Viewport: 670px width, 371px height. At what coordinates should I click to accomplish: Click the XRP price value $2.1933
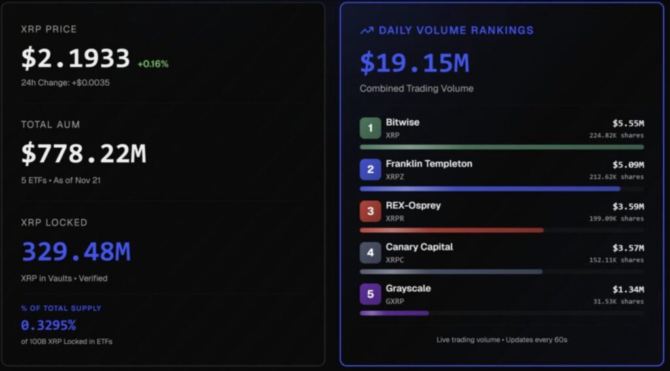coord(75,59)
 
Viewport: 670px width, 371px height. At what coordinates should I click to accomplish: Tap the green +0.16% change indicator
coord(152,64)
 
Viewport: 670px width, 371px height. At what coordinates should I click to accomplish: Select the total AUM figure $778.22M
coord(83,154)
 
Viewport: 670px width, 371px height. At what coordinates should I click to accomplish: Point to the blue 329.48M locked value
coord(76,251)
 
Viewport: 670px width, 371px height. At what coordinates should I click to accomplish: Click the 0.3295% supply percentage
coord(48,325)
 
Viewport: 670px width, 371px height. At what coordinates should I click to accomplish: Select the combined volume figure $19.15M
coord(414,63)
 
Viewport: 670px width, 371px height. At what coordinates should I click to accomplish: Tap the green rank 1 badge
coord(370,128)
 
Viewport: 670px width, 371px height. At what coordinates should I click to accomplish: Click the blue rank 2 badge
coord(370,169)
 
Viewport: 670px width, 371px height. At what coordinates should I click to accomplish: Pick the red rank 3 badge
coord(370,211)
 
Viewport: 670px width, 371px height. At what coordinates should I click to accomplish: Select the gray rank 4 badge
coord(370,253)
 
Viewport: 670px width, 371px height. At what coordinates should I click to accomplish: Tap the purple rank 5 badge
coord(370,294)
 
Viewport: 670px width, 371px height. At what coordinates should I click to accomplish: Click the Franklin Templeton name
coord(429,164)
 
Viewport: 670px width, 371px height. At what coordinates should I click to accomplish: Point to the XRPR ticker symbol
coord(395,219)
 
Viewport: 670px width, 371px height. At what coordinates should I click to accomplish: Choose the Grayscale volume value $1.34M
coord(628,289)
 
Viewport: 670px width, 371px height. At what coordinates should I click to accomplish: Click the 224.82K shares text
coord(616,135)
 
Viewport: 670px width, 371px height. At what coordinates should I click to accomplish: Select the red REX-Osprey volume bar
coord(451,230)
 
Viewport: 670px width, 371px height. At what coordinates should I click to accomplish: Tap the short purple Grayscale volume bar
coord(394,313)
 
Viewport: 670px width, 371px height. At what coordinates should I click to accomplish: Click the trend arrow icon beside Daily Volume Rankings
coord(367,31)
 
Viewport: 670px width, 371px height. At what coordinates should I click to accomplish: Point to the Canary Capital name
coord(419,247)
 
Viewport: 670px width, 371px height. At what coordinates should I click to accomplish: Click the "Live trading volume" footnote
coord(501,340)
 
